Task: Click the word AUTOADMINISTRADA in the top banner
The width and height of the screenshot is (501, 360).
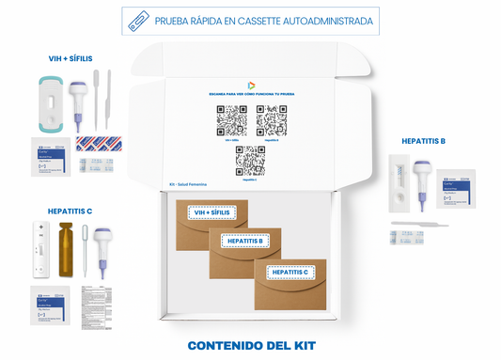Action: [x=322, y=21]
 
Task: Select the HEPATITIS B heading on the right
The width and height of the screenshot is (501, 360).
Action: [x=423, y=141]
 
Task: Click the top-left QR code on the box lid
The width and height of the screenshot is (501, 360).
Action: [x=231, y=120]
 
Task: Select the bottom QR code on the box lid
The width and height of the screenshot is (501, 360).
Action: [x=251, y=161]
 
